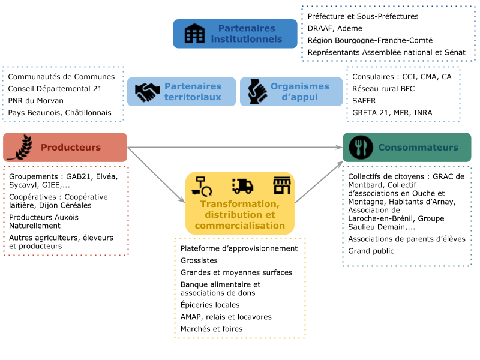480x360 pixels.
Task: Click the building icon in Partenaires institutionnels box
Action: click(194, 34)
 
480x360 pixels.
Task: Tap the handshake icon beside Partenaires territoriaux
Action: click(148, 92)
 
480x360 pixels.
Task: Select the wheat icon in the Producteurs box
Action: click(20, 147)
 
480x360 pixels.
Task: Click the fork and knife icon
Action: click(361, 147)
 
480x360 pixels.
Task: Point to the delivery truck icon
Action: click(243, 186)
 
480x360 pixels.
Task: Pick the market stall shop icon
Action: click(282, 185)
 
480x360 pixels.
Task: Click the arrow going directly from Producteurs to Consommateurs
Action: click(235, 147)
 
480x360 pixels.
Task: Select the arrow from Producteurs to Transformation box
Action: click(156, 175)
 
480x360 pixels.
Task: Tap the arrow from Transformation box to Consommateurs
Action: click(319, 182)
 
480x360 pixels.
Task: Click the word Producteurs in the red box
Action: click(71, 147)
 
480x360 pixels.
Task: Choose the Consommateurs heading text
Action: click(418, 147)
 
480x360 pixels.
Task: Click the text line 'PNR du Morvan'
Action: click(36, 101)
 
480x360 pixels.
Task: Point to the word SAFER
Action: click(364, 101)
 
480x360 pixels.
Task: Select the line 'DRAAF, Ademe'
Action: click(335, 28)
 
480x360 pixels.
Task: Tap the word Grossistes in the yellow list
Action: click(199, 260)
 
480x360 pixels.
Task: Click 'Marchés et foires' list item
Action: click(212, 329)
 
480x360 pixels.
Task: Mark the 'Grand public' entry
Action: click(371, 251)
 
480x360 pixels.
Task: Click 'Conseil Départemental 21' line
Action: click(55, 89)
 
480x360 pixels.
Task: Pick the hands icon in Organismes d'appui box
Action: click(257, 92)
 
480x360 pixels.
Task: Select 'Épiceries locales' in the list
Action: click(210, 305)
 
